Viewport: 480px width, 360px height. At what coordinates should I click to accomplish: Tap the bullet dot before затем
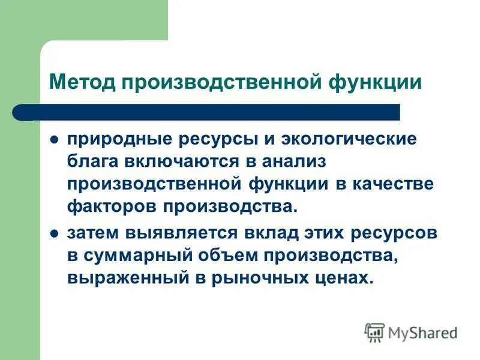click(x=53, y=234)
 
